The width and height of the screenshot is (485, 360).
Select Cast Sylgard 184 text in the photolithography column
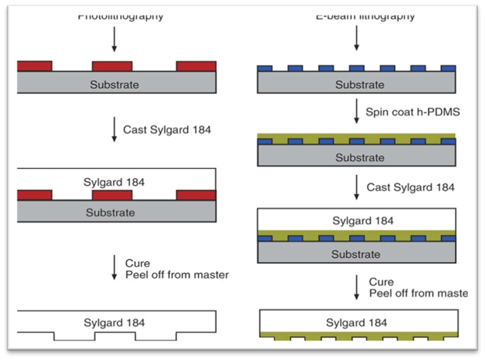(x=167, y=128)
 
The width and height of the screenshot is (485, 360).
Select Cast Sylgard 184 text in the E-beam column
(x=410, y=186)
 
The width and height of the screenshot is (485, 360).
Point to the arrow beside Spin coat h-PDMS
(x=356, y=111)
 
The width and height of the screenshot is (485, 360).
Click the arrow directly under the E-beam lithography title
(x=355, y=39)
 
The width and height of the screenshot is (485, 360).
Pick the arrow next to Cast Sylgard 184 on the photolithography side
(x=113, y=129)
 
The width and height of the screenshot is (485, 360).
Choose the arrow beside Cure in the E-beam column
(x=356, y=287)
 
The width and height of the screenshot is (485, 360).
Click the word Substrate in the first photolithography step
(x=115, y=85)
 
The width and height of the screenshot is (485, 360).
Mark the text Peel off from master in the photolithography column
(x=176, y=274)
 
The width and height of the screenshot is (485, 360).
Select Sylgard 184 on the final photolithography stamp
(x=115, y=322)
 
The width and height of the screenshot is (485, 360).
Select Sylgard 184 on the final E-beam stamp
(x=358, y=322)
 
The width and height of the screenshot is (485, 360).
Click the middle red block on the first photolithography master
(x=112, y=66)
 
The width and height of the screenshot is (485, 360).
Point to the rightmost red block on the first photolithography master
(x=196, y=66)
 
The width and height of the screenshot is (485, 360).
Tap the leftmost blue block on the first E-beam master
(x=265, y=69)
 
